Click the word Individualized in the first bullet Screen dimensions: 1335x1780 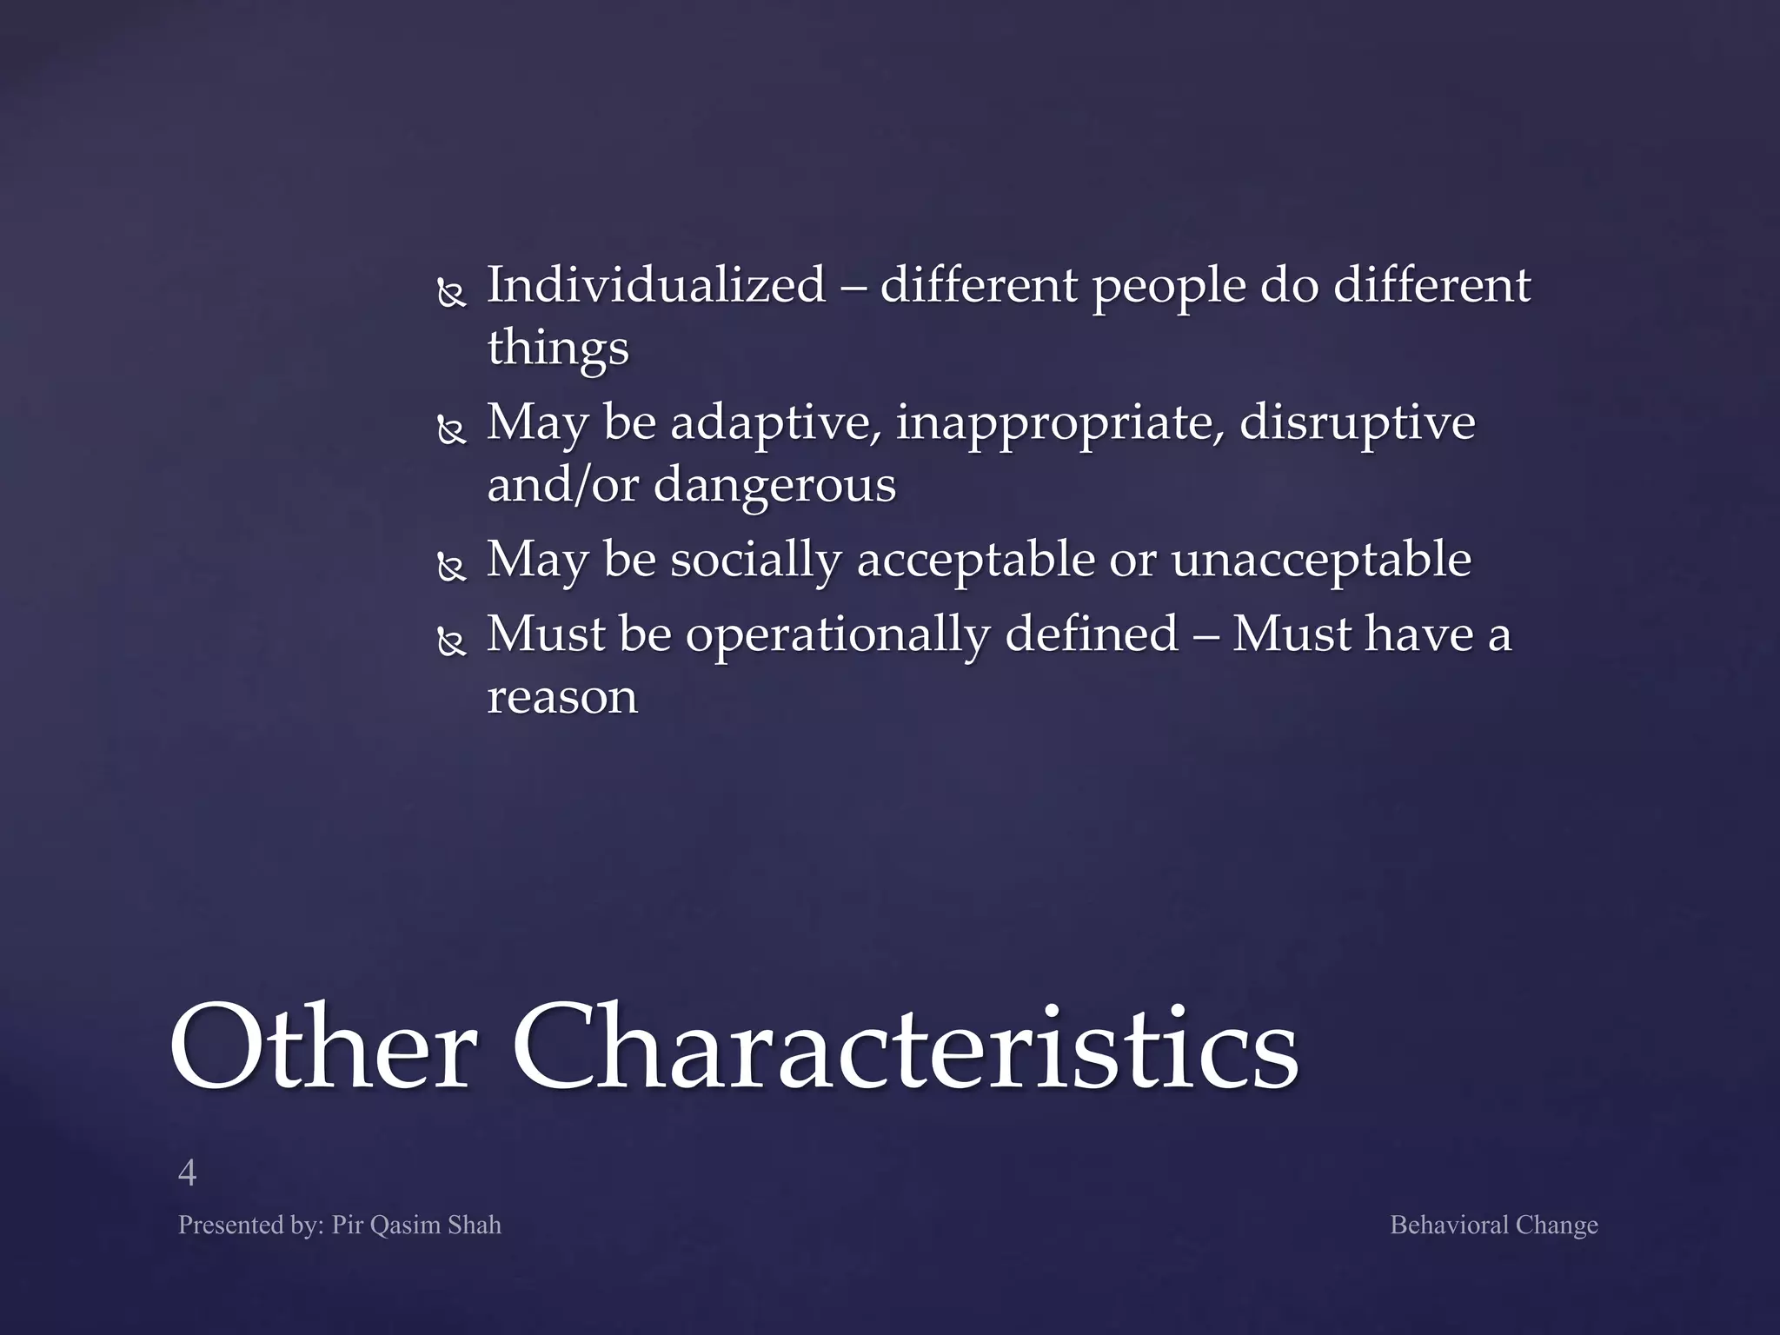pyautogui.click(x=656, y=285)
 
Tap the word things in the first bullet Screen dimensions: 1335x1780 pyautogui.click(x=557, y=348)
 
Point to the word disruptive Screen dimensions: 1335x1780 pyautogui.click(x=1357, y=423)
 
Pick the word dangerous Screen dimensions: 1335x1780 pyautogui.click(x=774, y=484)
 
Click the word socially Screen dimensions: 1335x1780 pyautogui.click(x=755, y=560)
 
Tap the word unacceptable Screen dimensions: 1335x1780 pyautogui.click(x=1321, y=560)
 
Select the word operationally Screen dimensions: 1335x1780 pyautogui.click(x=838, y=634)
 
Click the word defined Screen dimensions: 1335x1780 pyautogui.click(x=1092, y=633)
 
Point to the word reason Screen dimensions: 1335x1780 pyautogui.click(x=562, y=697)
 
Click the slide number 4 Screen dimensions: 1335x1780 pyautogui.click(x=187, y=1173)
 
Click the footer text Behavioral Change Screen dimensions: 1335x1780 pyautogui.click(x=1493, y=1225)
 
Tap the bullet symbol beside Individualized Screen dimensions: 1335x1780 pyautogui.click(x=451, y=294)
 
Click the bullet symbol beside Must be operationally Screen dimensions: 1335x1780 pyautogui.click(x=451, y=642)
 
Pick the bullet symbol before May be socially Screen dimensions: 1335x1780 pyautogui.click(x=451, y=568)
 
